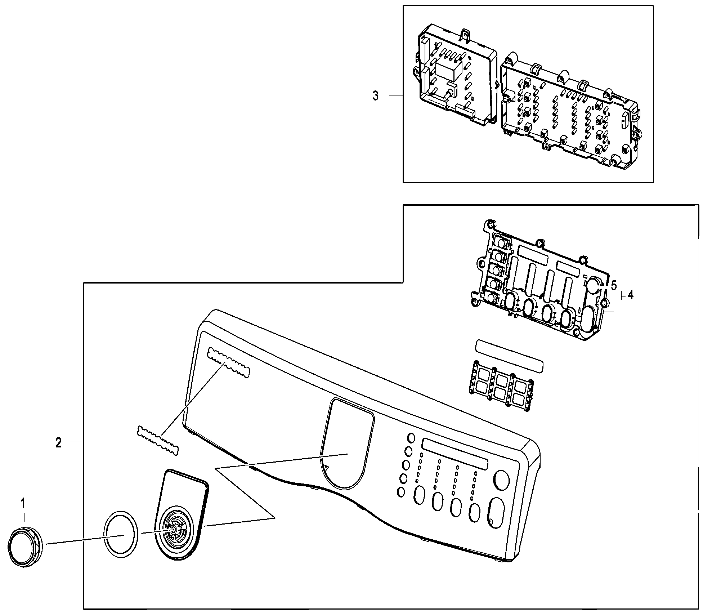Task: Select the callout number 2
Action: coord(58,442)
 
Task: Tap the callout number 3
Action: coord(375,96)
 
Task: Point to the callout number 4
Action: coord(630,295)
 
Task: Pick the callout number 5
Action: coord(614,285)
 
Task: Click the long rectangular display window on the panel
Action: coord(455,453)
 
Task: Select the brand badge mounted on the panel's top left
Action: coord(228,363)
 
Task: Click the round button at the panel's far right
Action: coord(502,480)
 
